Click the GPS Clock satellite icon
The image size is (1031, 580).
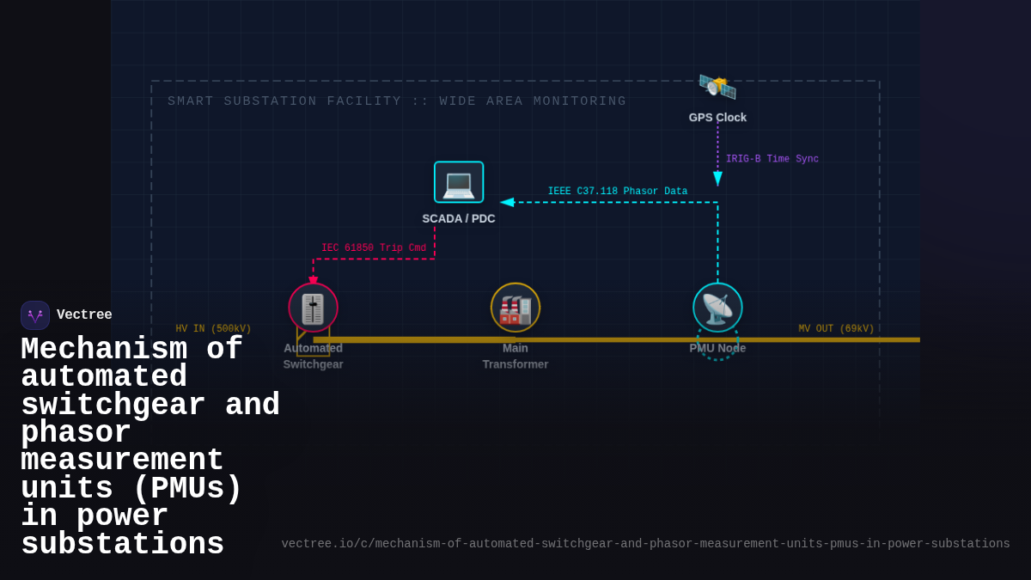pos(717,87)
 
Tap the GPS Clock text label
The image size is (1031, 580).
pos(717,118)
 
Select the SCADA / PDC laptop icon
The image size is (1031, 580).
pos(459,182)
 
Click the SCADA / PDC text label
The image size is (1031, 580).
pos(459,219)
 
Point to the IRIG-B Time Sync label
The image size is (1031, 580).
pos(772,159)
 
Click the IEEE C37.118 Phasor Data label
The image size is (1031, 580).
pos(617,192)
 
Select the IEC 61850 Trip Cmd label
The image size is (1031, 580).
pos(374,248)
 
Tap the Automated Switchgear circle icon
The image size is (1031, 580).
pos(313,308)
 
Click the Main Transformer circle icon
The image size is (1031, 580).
pos(515,308)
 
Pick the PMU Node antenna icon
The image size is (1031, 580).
pos(717,308)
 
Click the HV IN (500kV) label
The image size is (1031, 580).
pos(213,329)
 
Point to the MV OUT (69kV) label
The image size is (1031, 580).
pos(836,329)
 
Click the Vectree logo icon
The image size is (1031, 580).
pos(35,315)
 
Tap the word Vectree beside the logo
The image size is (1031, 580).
pos(84,315)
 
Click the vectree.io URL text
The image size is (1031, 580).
pos(645,544)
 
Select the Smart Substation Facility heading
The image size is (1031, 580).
pos(397,101)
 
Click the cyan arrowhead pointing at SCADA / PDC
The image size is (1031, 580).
pos(507,203)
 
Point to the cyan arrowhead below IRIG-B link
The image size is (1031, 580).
pos(717,179)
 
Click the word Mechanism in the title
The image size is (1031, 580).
pos(103,350)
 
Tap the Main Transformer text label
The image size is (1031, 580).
pos(515,356)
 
